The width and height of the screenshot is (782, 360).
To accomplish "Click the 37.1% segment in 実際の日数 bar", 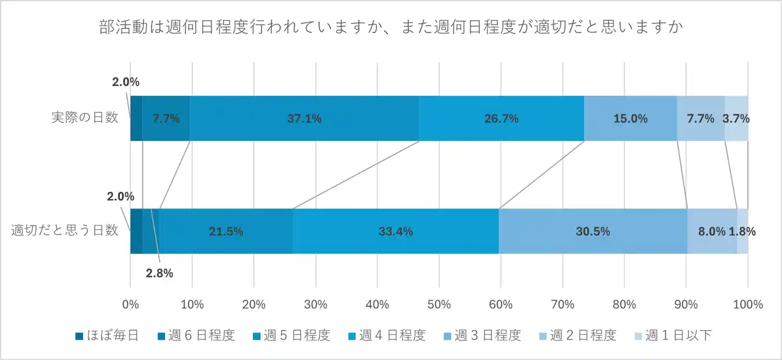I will pyautogui.click(x=304, y=119).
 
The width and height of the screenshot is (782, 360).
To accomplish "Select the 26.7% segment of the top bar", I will pyautogui.click(x=501, y=119).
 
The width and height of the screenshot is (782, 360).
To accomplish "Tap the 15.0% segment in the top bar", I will pyautogui.click(x=630, y=119).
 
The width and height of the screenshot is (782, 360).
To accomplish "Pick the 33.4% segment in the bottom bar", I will pyautogui.click(x=395, y=232).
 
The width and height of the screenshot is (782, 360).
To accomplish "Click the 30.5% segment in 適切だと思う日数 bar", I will pyautogui.click(x=593, y=232).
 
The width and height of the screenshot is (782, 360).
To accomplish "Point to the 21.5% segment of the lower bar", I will pyautogui.click(x=226, y=232).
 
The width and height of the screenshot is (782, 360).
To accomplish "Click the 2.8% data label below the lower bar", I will pyautogui.click(x=159, y=273).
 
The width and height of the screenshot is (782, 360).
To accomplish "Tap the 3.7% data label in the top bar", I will pyautogui.click(x=736, y=119).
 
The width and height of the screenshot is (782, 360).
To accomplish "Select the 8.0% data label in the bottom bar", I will pyautogui.click(x=711, y=232).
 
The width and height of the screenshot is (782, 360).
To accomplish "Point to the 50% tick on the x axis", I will pyautogui.click(x=439, y=304).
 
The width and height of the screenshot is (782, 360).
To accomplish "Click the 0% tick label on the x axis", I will pyautogui.click(x=130, y=304).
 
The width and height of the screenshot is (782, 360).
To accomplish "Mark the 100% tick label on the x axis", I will pyautogui.click(x=747, y=304).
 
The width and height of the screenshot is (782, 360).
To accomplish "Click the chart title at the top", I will pyautogui.click(x=390, y=28).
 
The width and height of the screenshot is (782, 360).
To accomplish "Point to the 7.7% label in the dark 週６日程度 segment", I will pyautogui.click(x=166, y=119).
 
